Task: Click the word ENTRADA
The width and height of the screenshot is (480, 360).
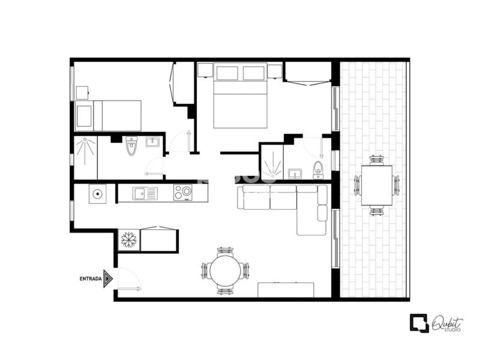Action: point(91,279)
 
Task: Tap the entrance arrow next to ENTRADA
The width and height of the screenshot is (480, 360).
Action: point(108,278)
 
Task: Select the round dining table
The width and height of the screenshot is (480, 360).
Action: point(225,271)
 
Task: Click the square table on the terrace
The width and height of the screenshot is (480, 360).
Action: point(377,185)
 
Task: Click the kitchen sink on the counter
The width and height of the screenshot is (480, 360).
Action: point(145,193)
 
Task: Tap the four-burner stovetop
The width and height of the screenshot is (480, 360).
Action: point(183,193)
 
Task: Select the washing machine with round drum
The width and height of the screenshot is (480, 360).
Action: point(98,194)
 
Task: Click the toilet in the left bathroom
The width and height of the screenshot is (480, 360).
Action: point(131,146)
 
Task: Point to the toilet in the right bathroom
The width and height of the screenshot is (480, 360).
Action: point(319,170)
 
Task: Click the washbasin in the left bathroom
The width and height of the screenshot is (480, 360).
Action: point(152,142)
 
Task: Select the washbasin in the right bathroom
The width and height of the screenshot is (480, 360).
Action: point(295,173)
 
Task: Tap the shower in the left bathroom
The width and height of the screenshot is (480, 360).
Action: point(86,158)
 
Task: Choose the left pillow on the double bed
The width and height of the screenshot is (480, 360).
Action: point(227,73)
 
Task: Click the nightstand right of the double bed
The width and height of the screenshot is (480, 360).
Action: point(275,71)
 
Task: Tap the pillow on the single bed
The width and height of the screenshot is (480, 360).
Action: point(84,116)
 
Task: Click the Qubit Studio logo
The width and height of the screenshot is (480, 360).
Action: point(436,323)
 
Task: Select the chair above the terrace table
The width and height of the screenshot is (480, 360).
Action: point(377,160)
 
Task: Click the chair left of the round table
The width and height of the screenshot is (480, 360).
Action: point(205,271)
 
